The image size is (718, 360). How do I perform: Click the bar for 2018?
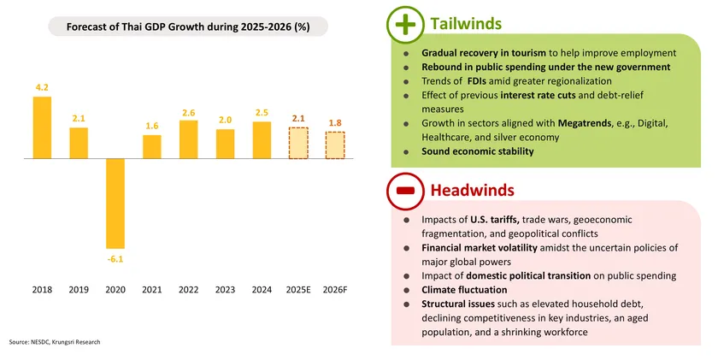tap(42, 127)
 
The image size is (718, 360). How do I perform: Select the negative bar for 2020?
tap(115, 203)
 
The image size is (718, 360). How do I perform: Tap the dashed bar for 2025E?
tap(298, 143)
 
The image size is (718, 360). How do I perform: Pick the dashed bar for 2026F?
tap(335, 145)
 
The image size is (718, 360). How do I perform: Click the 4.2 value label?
tap(42, 87)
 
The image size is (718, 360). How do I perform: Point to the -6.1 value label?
tap(115, 257)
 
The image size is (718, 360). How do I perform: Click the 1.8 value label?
tap(335, 123)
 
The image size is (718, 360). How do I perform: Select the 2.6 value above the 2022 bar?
tap(189, 113)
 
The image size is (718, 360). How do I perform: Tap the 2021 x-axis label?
tap(152, 289)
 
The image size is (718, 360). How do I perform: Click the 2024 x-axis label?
tap(262, 289)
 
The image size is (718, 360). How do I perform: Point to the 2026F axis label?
tap(335, 289)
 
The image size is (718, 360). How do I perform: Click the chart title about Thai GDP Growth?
tap(189, 27)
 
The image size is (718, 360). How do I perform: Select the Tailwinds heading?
tap(467, 24)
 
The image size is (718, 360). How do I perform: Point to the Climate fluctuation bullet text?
tap(469, 290)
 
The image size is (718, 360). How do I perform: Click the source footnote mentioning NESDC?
tap(55, 342)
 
